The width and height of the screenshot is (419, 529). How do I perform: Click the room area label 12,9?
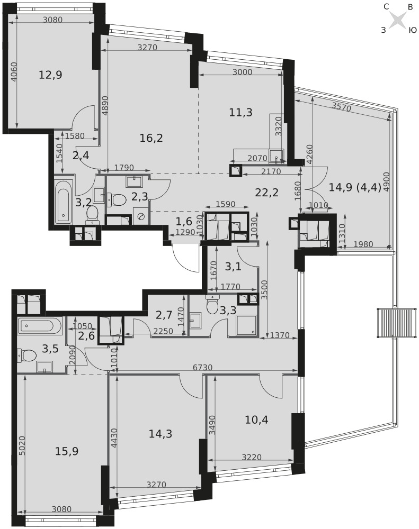click(50, 75)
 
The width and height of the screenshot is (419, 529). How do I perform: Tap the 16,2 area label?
click(151, 138)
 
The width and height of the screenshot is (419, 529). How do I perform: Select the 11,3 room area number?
click(240, 112)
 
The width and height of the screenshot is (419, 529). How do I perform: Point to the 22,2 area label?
click(266, 193)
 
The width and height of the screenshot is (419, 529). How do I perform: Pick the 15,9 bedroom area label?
click(67, 451)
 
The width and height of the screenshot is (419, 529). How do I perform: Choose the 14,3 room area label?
click(160, 434)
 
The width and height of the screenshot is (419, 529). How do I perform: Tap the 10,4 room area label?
click(256, 419)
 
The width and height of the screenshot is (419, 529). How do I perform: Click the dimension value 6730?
click(202, 368)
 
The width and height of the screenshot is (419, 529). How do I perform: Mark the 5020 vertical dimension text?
click(22, 446)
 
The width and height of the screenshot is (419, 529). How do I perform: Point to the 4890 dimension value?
click(104, 106)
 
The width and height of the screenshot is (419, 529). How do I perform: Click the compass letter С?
click(386, 7)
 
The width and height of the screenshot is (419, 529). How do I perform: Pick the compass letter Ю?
click(413, 30)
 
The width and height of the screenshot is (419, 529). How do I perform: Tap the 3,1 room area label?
click(233, 267)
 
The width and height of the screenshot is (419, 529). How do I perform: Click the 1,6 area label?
click(184, 221)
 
